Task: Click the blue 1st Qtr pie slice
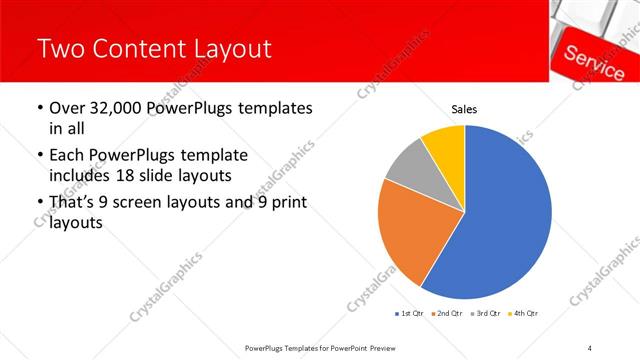click(505, 220)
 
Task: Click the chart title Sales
click(464, 109)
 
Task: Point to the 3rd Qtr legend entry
click(486, 313)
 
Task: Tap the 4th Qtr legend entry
click(524, 313)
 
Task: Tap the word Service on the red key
click(594, 62)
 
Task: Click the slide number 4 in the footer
click(590, 346)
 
